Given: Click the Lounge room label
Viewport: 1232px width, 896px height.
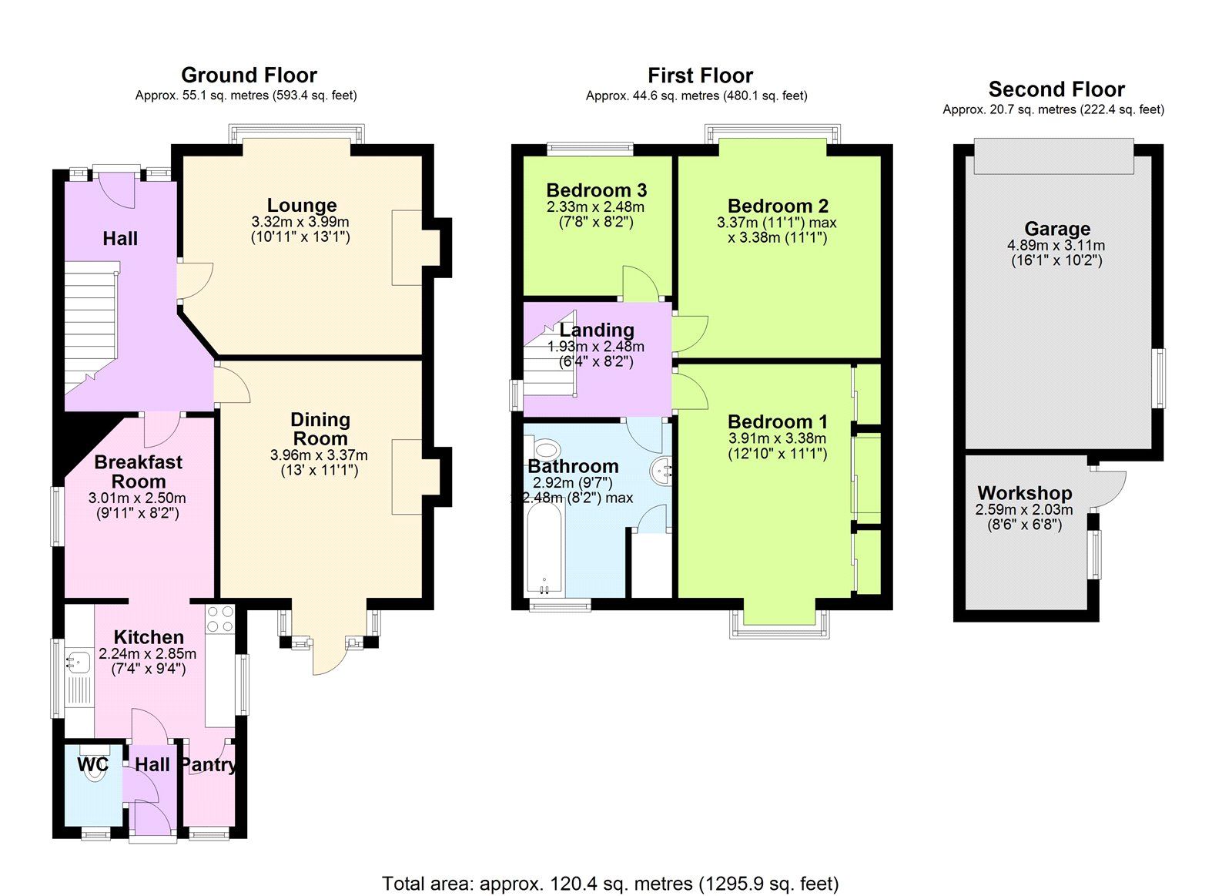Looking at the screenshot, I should click(x=302, y=205).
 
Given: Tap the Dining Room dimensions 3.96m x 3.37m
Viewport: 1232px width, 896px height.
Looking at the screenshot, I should click(x=319, y=455).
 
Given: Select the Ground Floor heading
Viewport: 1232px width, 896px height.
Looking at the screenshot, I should click(x=249, y=76).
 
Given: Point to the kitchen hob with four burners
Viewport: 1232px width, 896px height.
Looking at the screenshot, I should click(x=220, y=619).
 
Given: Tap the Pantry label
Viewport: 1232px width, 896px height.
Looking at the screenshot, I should click(x=209, y=764).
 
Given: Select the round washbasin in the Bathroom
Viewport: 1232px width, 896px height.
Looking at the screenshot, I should click(x=662, y=470).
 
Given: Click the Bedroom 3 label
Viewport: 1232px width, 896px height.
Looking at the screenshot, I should click(x=596, y=190).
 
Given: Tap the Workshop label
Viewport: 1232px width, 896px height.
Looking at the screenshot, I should click(x=1024, y=493).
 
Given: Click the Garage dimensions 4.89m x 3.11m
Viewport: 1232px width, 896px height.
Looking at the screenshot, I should click(x=1056, y=246).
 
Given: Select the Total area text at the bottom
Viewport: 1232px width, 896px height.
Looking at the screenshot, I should click(x=610, y=883).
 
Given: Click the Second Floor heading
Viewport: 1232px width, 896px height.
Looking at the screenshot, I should click(x=1056, y=89).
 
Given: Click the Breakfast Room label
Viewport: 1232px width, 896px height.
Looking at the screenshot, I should click(x=139, y=471).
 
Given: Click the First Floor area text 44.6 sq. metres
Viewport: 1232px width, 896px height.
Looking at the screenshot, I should click(x=696, y=96).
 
